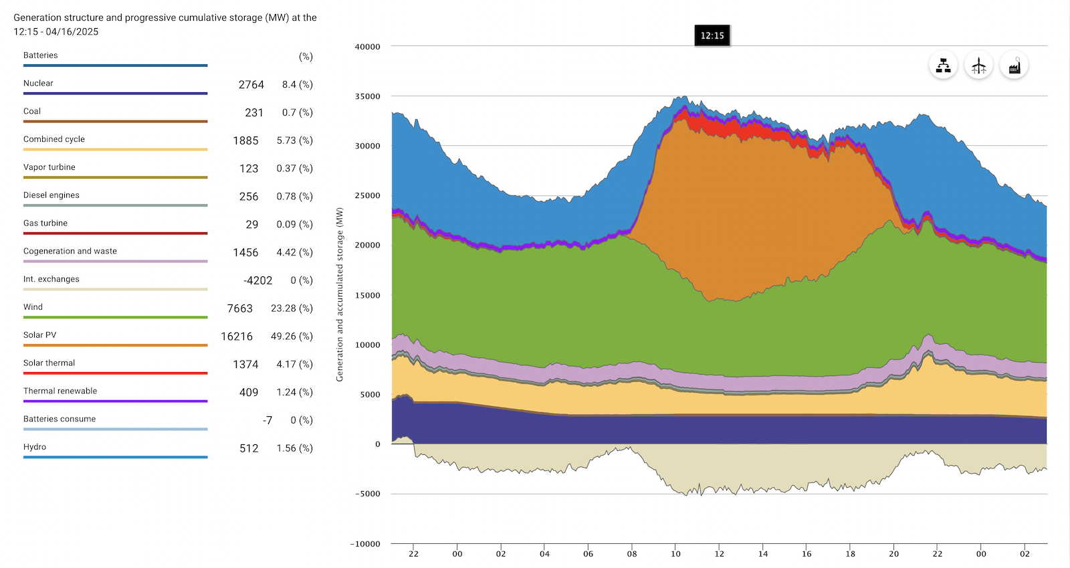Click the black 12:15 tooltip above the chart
click(x=712, y=35)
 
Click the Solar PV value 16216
click(x=237, y=337)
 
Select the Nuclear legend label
click(x=38, y=84)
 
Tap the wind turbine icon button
click(x=978, y=66)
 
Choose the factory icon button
click(x=1014, y=66)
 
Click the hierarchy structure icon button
click(x=943, y=66)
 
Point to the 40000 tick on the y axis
click(x=367, y=47)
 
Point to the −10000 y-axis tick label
click(x=365, y=544)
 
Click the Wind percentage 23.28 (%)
click(x=292, y=308)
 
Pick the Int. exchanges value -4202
click(x=257, y=280)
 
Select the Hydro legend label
click(x=35, y=447)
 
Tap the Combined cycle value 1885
click(x=245, y=140)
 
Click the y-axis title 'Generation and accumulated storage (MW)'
click(x=340, y=294)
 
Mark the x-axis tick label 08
click(x=632, y=554)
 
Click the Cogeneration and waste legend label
click(x=70, y=252)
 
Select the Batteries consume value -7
click(x=267, y=420)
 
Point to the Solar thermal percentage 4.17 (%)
click(x=294, y=365)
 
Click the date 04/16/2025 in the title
click(x=72, y=31)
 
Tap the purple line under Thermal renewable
click(x=115, y=401)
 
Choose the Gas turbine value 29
click(x=251, y=225)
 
